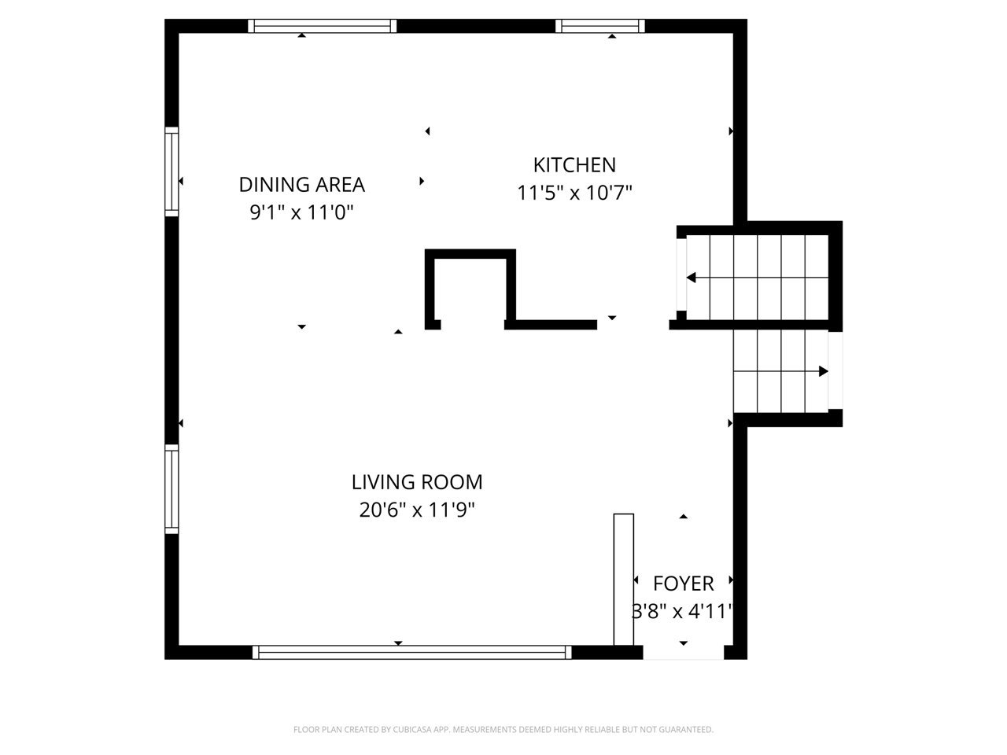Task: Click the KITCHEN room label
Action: (x=574, y=165)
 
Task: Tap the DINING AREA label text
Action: (x=301, y=185)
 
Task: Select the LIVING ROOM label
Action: (x=416, y=482)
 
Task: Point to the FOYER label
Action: (x=683, y=584)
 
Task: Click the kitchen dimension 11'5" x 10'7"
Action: (x=574, y=193)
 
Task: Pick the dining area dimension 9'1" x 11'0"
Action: (x=301, y=212)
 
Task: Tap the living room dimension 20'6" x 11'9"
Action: (x=416, y=510)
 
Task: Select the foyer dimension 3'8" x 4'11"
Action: (x=683, y=611)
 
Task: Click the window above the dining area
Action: (x=322, y=26)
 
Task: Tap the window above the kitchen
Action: (x=599, y=26)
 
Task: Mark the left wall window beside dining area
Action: (x=172, y=171)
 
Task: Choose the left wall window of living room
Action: (x=172, y=488)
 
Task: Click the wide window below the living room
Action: (x=411, y=652)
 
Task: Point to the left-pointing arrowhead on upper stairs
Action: (x=691, y=278)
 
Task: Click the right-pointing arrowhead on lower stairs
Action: (x=824, y=371)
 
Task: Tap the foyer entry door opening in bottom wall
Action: (x=683, y=652)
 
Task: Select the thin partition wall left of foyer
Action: (x=623, y=580)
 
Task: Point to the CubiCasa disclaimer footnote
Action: (x=503, y=729)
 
